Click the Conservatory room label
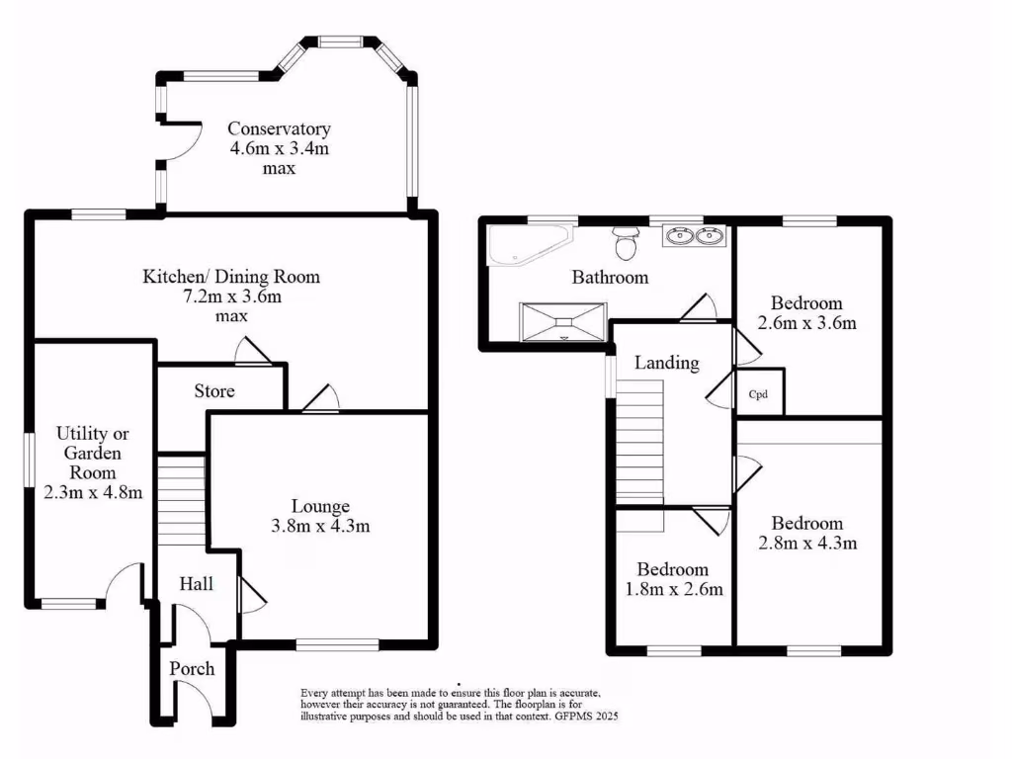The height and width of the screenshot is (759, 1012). pyautogui.click(x=279, y=128)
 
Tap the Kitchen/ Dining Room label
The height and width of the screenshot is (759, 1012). pyautogui.click(x=232, y=277)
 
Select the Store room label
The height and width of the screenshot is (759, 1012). pyautogui.click(x=214, y=391)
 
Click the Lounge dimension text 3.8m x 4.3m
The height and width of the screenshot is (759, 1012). pyautogui.click(x=320, y=526)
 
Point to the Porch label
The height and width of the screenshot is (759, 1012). pyautogui.click(x=192, y=669)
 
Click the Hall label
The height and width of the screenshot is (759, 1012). pyautogui.click(x=197, y=585)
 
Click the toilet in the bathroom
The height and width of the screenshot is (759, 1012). pyautogui.click(x=625, y=240)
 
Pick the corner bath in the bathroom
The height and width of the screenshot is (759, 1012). pyautogui.click(x=524, y=245)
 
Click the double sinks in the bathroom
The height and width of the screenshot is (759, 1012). pyautogui.click(x=694, y=236)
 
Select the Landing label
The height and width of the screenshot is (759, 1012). pyautogui.click(x=666, y=363)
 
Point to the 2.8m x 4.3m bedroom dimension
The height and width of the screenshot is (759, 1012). pyautogui.click(x=807, y=543)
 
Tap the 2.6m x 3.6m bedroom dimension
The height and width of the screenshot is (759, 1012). pyautogui.click(x=806, y=323)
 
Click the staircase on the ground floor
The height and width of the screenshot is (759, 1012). pyautogui.click(x=181, y=499)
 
